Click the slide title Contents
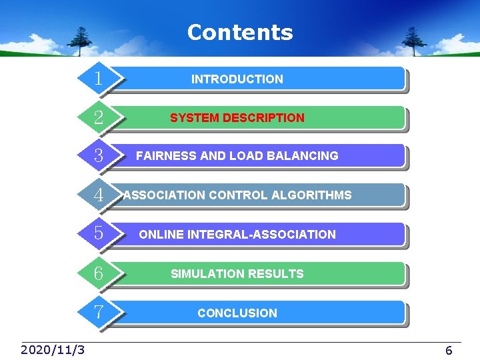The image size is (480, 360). tap(240, 32)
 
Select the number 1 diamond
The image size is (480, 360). tap(99, 79)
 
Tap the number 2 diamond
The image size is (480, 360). tap(99, 118)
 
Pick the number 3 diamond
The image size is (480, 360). tap(99, 156)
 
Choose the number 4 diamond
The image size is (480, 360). tap(99, 195)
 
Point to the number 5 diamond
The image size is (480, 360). tap(99, 234)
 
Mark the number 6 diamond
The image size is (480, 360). tap(99, 273)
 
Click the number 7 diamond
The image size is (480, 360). tap(99, 312)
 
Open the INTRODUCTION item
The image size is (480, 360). tap(237, 79)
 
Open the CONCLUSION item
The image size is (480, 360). tap(237, 313)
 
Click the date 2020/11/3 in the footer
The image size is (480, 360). tap(53, 350)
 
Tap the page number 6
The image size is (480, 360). tap(449, 351)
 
